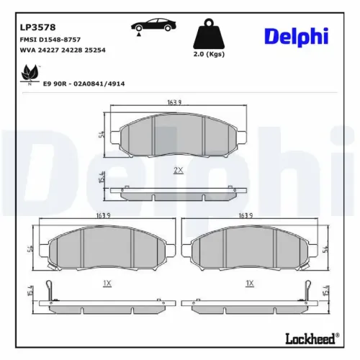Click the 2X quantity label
tap(179, 170)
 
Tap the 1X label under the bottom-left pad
tap(107, 283)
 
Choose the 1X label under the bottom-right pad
tap(250, 283)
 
